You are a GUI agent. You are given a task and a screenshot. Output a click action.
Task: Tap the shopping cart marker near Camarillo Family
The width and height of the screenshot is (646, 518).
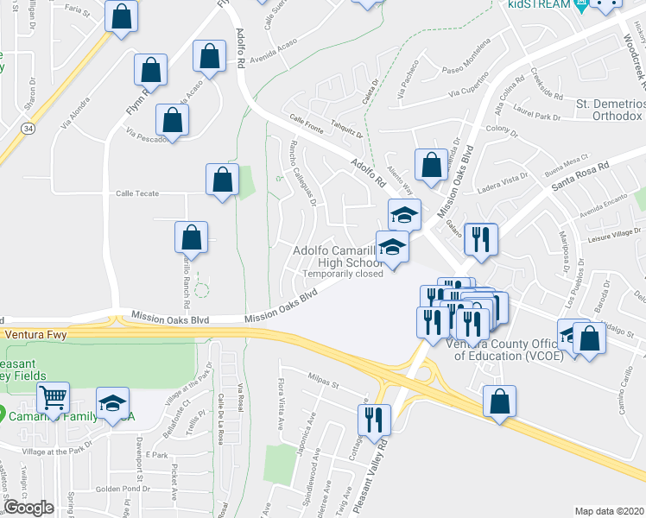pos(54,399)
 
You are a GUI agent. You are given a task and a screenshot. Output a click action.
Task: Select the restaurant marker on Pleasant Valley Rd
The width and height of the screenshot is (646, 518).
pos(374,420)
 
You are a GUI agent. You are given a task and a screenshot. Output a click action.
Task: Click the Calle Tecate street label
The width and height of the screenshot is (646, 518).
pos(137,193)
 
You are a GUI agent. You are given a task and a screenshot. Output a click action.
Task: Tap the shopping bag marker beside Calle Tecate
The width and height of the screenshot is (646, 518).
pos(222,180)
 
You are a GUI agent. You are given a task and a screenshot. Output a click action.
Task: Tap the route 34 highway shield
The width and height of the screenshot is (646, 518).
pos(28,128)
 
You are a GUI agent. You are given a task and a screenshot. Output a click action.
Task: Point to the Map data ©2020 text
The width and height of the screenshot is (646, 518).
pos(609,511)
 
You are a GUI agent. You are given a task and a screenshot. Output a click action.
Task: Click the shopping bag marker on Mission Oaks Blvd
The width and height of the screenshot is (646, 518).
pos(431,163)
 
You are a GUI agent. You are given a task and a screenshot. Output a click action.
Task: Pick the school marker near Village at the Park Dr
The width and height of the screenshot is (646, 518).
pos(112,402)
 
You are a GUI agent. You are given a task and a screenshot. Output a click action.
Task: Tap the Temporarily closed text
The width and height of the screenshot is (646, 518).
pos(342,275)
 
